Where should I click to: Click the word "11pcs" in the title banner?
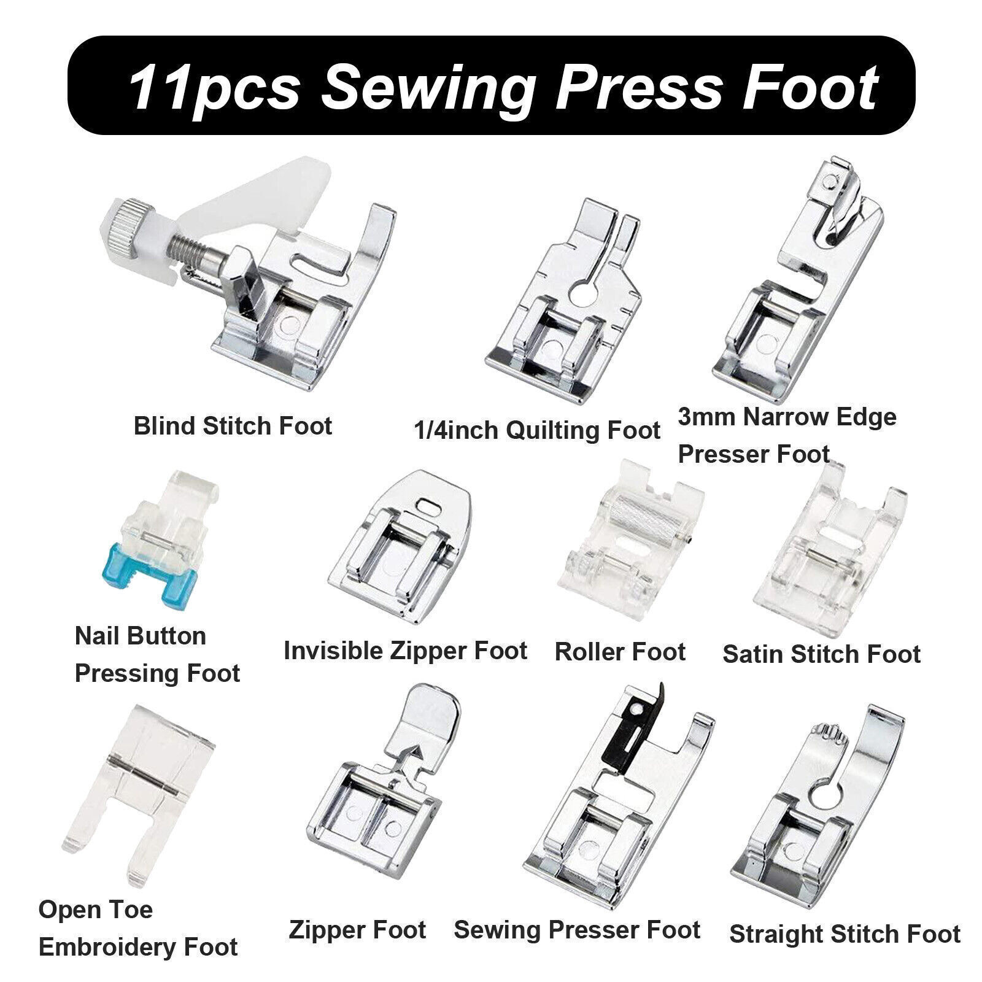[x=214, y=87]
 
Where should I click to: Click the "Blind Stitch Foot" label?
[x=233, y=426]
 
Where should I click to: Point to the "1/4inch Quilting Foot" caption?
[x=537, y=430]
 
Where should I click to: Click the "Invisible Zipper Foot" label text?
[x=405, y=650]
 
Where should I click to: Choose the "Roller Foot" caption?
[x=620, y=651]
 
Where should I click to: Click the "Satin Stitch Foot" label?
[x=821, y=654]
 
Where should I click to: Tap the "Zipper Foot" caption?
[x=357, y=929]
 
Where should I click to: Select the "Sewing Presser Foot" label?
[x=577, y=929]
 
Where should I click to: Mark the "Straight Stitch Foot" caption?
[x=845, y=934]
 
